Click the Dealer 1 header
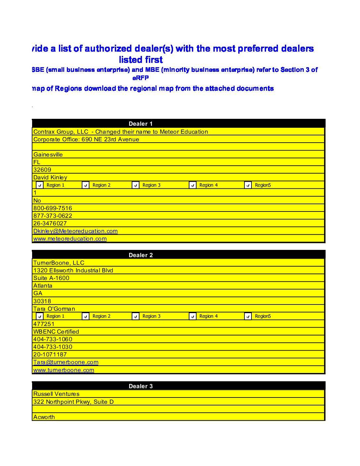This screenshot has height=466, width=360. click(141, 124)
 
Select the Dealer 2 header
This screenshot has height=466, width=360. click(141, 255)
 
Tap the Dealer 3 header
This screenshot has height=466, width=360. click(141, 386)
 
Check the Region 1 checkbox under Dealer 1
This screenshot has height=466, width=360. click(40, 185)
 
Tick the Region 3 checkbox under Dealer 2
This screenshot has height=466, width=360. click(136, 316)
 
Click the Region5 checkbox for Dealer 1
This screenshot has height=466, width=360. click(248, 185)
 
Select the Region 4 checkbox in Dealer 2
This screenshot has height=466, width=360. click(193, 316)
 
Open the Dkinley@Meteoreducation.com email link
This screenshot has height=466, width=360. click(75, 231)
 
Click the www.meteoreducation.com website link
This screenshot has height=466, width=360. click(70, 239)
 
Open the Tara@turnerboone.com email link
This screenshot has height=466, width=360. click(66, 362)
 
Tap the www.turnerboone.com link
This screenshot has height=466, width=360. click(64, 370)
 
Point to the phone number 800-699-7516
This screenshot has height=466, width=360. click(53, 208)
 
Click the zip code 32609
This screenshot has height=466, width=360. click(42, 170)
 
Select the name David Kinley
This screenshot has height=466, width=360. click(50, 177)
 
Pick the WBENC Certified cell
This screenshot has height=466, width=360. click(56, 332)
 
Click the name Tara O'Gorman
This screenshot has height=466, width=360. click(54, 309)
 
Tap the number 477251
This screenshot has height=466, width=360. click(44, 324)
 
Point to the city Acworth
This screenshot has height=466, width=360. click(44, 417)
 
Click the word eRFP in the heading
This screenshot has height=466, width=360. click(141, 78)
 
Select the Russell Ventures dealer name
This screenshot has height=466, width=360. click(56, 394)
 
